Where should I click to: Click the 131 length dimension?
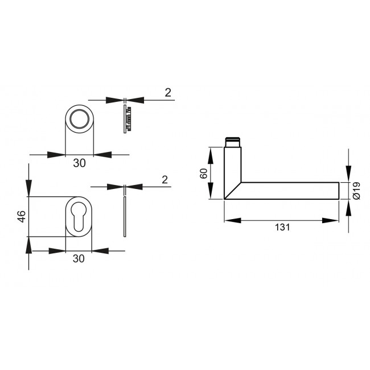point(282,227)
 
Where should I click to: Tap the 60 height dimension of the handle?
point(204,173)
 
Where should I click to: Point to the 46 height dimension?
point(21,216)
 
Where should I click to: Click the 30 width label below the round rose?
point(80,163)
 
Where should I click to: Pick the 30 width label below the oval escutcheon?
point(79,258)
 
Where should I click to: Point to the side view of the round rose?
point(127,118)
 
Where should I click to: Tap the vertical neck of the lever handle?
point(233,165)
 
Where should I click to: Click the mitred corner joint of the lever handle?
point(233,191)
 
